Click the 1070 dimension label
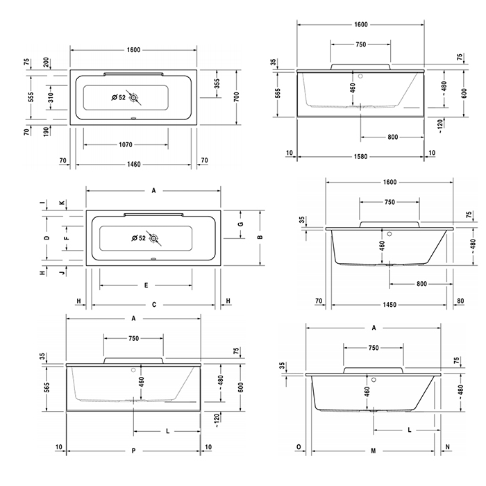tap(125, 144)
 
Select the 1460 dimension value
tap(133, 165)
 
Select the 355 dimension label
tap(217, 83)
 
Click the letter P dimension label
tap(133, 451)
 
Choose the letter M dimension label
tap(374, 450)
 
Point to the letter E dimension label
tap(146, 285)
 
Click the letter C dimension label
tap(153, 304)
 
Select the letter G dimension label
tap(240, 224)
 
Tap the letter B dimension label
tap(259, 237)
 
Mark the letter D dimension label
tap(47, 237)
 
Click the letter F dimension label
tap(66, 237)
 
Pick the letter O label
tap(299, 448)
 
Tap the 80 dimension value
tap(461, 301)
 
